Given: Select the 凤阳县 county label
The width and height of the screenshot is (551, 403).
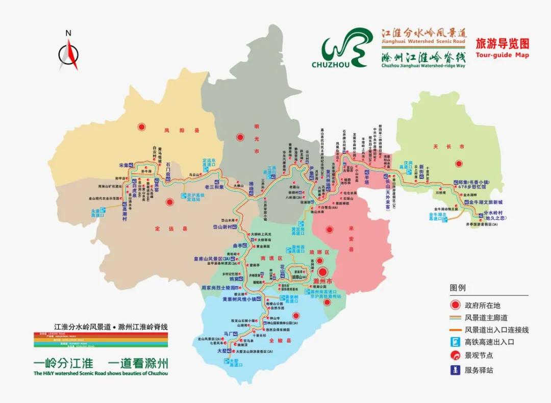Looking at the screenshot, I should (x=174, y=131).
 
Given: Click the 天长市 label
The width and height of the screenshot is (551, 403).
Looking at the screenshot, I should (x=441, y=146).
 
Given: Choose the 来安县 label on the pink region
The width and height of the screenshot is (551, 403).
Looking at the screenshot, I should (x=351, y=240).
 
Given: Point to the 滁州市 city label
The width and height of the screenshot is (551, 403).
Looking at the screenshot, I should (x=322, y=282).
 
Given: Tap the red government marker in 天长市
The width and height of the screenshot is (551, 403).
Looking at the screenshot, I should (x=459, y=164).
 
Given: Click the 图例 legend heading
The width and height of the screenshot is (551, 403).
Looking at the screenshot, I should (x=458, y=288).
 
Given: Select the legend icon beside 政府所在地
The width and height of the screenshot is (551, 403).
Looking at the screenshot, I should (x=456, y=305).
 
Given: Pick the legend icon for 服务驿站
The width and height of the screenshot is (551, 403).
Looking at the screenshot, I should (x=456, y=370).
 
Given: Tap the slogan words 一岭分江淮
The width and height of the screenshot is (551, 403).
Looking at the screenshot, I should (x=63, y=363).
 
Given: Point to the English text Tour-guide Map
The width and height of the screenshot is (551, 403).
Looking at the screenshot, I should (x=502, y=55).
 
